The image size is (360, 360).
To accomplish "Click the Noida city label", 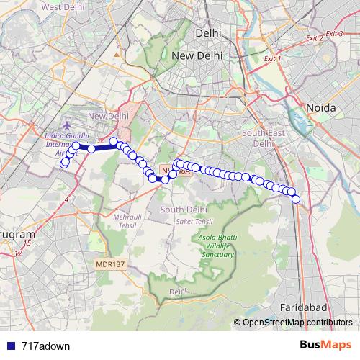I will point(321,107).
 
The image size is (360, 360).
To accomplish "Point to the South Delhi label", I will point(184,209).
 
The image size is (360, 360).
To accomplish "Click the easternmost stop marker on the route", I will point(295,199).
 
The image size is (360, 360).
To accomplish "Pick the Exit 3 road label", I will point(333,34).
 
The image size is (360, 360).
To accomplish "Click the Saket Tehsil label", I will point(189,222).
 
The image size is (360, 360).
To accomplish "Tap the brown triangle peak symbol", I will point(117,54).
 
